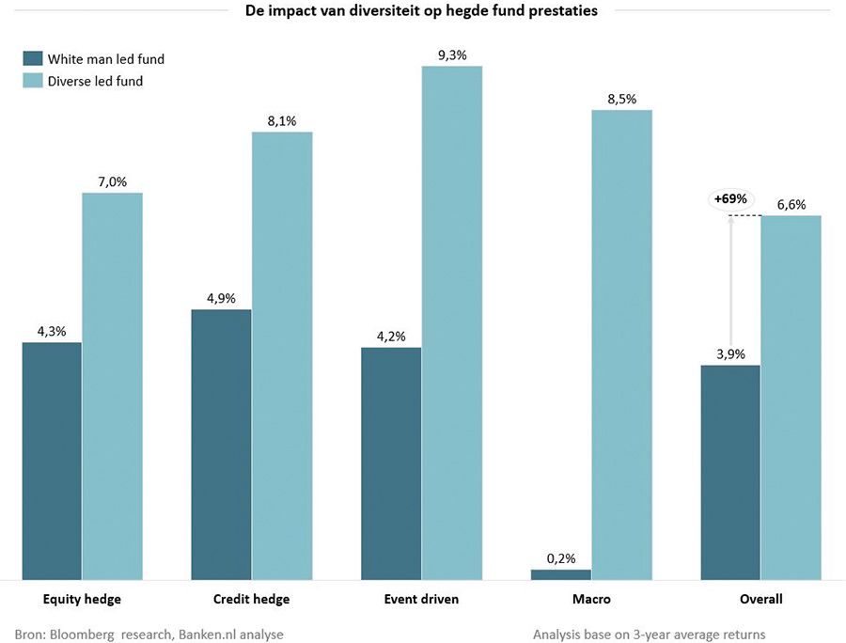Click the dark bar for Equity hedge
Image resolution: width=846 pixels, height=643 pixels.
click(x=52, y=461)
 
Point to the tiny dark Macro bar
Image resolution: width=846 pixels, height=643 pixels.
click(x=561, y=573)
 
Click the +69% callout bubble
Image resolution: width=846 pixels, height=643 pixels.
click(x=730, y=199)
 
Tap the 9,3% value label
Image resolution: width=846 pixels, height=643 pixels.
click(x=452, y=55)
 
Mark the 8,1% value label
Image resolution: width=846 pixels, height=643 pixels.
click(x=282, y=121)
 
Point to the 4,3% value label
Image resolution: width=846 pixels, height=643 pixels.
click(x=52, y=331)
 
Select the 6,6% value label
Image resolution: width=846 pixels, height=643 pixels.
click(x=791, y=205)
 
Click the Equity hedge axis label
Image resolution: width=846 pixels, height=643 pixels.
click(x=83, y=599)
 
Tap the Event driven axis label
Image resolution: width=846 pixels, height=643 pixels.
click(x=421, y=599)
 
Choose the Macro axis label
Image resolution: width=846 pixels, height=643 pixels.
click(x=591, y=599)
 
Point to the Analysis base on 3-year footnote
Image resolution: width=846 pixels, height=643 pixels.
click(x=649, y=634)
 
